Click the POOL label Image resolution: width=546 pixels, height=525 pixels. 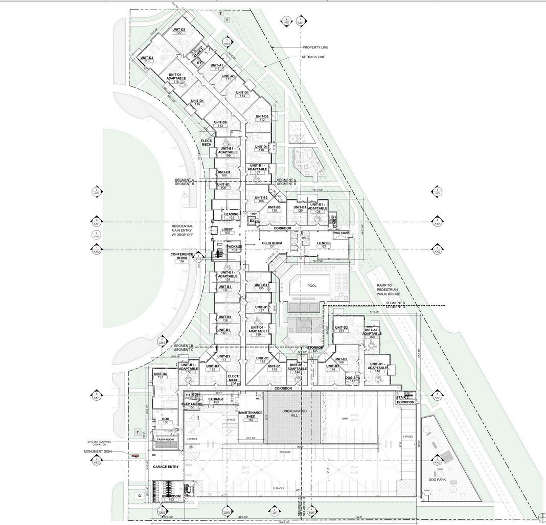pos(312,286)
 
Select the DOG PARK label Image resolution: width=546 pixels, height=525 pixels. pos(438,480)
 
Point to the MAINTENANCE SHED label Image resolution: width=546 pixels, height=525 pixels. pos(251,415)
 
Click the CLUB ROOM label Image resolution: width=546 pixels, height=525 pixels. pos(272,243)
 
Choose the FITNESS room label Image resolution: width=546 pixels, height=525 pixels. pos(324,243)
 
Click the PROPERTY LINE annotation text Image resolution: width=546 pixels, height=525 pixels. pos(315,48)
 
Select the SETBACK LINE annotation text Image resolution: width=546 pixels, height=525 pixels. pos(313,57)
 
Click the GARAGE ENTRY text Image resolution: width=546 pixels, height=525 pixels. pos(165,467)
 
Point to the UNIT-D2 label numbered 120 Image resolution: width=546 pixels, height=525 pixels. pos(178,30)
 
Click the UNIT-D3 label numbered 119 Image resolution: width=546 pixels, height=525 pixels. pos(147,58)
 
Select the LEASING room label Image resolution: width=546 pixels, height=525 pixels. pos(231,215)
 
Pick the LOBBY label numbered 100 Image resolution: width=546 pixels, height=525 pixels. pos(227,230)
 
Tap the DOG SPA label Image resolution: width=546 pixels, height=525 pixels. pos(352,378)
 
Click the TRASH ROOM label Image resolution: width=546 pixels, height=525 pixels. pos(165,440)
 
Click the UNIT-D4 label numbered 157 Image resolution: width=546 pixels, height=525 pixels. pos(160,374)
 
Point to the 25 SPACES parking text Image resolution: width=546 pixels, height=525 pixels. pos(278,488)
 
